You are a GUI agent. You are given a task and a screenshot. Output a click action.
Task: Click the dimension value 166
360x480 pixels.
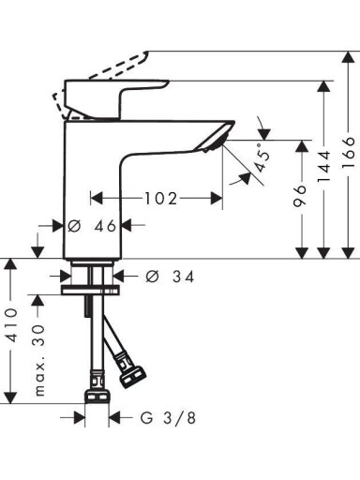(x=349, y=153)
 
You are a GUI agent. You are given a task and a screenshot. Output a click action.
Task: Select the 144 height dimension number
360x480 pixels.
(x=323, y=166)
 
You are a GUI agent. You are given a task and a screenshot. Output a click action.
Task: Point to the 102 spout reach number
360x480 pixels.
(x=160, y=199)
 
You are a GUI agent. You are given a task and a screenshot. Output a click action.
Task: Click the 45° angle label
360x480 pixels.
(x=262, y=157)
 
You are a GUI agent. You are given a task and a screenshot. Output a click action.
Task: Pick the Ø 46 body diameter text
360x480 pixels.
(x=92, y=226)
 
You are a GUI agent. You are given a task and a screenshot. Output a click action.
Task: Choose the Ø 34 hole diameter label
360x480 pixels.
(x=170, y=277)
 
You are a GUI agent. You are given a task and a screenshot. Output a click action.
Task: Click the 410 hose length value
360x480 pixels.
(x=12, y=324)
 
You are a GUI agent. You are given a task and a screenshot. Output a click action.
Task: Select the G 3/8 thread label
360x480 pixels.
(x=169, y=417)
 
